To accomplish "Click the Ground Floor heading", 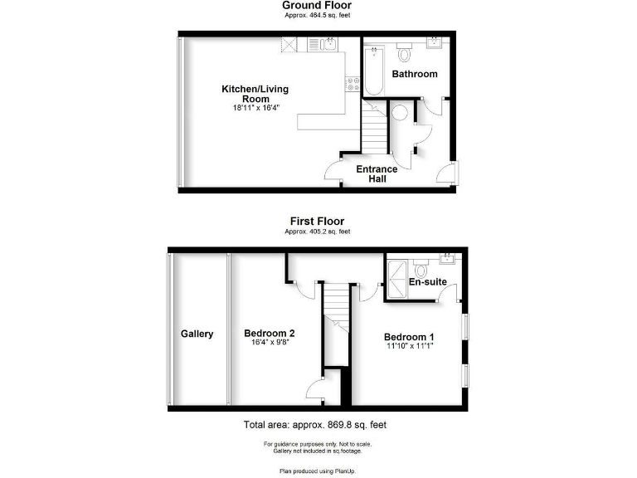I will point(317,6).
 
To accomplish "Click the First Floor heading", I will point(317,221).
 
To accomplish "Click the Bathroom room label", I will point(415,74).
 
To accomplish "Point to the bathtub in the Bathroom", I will point(374,71).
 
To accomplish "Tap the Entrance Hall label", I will point(377,173).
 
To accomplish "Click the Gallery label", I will point(197,334).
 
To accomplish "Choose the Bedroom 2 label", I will point(270,334).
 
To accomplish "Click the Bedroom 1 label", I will point(409,337).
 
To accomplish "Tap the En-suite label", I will point(428,282).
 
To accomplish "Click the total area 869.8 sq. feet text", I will point(315,425).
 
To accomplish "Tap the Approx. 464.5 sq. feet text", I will point(317,17).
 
